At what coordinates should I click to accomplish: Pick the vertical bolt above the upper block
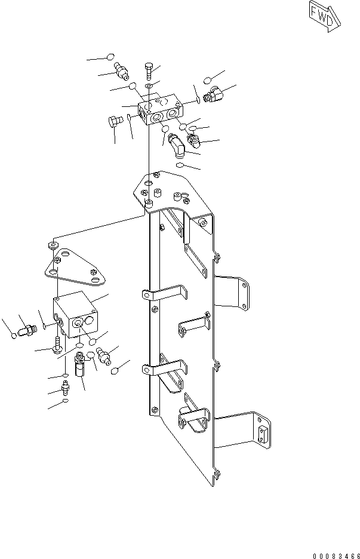[x=149, y=72]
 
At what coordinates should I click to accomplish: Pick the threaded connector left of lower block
[x=27, y=329]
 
